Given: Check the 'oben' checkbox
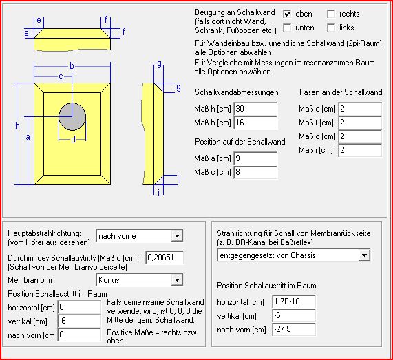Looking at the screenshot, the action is (x=287, y=14).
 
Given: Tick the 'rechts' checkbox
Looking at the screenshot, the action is (x=331, y=14).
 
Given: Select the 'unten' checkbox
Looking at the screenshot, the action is (x=287, y=28).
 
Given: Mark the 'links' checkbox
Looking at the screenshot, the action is (x=331, y=28).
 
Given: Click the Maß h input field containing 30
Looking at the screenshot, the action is (x=255, y=109).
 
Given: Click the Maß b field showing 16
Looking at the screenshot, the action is (x=255, y=123).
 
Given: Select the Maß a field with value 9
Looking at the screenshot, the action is (x=255, y=158).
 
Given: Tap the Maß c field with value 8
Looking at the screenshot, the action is (x=255, y=172).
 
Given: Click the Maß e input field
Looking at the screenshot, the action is (x=360, y=109).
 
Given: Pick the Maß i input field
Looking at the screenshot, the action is (x=360, y=150).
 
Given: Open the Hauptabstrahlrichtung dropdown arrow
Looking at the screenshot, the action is (x=177, y=236).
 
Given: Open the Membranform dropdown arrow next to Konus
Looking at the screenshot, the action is (x=177, y=279).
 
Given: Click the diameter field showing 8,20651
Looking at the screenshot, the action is (x=164, y=257).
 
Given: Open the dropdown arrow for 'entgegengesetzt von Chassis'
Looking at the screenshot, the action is (x=364, y=255).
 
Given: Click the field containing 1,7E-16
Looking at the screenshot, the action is (x=294, y=301).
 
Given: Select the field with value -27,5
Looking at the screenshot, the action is (x=294, y=329).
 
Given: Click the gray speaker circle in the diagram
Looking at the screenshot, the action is (x=72, y=116).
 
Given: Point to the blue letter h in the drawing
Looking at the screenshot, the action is (x=17, y=125).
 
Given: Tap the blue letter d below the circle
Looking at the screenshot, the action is (x=73, y=139).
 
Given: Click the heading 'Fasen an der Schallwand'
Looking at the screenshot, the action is (x=341, y=92).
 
